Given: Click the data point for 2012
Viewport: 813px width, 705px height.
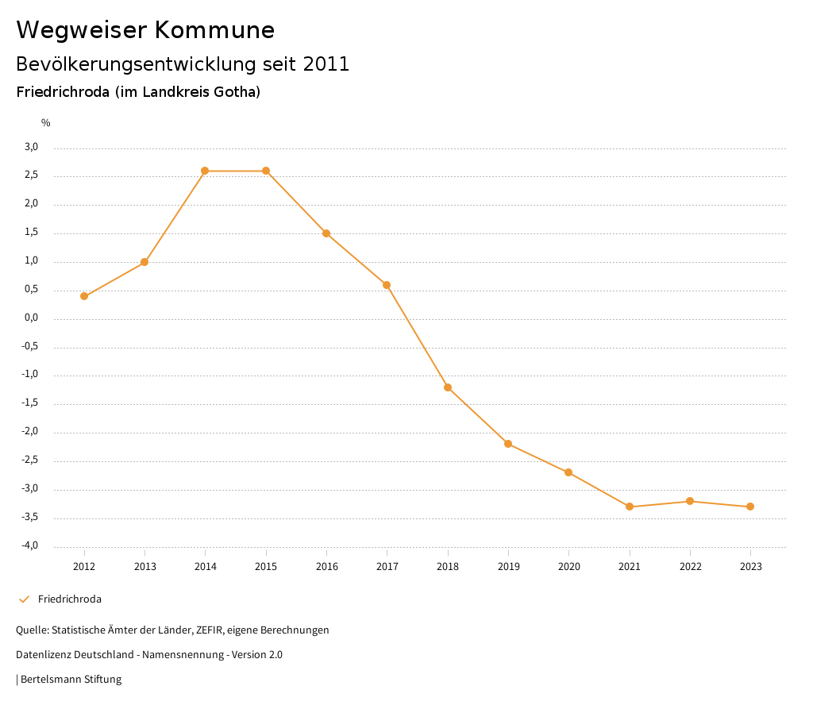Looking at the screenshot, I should coord(84,296).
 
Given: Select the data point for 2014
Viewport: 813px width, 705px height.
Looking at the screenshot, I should coord(205,171).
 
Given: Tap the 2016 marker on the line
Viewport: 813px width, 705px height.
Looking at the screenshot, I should coord(326,233).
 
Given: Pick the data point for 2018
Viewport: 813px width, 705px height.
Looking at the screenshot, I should coord(448,387).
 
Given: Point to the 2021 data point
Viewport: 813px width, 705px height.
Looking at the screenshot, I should coord(630,507).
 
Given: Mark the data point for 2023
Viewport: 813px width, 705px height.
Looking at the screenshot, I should coord(750,507).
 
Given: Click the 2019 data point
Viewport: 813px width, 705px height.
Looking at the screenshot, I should coord(508,444).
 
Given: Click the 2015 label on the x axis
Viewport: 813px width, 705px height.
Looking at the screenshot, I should coord(266,566).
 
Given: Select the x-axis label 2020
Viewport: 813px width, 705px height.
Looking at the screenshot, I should coord(568,566).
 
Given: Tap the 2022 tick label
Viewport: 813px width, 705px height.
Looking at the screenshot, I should coord(690,566).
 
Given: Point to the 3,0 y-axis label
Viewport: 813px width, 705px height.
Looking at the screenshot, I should coord(32,147).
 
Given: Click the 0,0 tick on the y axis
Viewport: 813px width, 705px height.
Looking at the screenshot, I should coord(32,318).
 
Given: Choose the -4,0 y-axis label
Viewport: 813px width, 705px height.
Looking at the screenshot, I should coord(30,545).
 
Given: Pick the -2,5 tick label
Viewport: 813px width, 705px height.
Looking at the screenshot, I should coord(30,460).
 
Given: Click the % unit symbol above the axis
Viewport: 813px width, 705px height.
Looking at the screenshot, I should coord(46,123).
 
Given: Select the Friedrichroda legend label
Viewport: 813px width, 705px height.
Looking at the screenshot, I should coord(70,599).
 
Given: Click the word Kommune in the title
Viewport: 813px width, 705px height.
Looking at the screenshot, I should coord(214,30).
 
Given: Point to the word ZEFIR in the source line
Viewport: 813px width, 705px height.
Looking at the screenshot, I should coord(210,630).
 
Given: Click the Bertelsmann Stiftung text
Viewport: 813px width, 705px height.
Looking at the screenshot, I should coord(71,680).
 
